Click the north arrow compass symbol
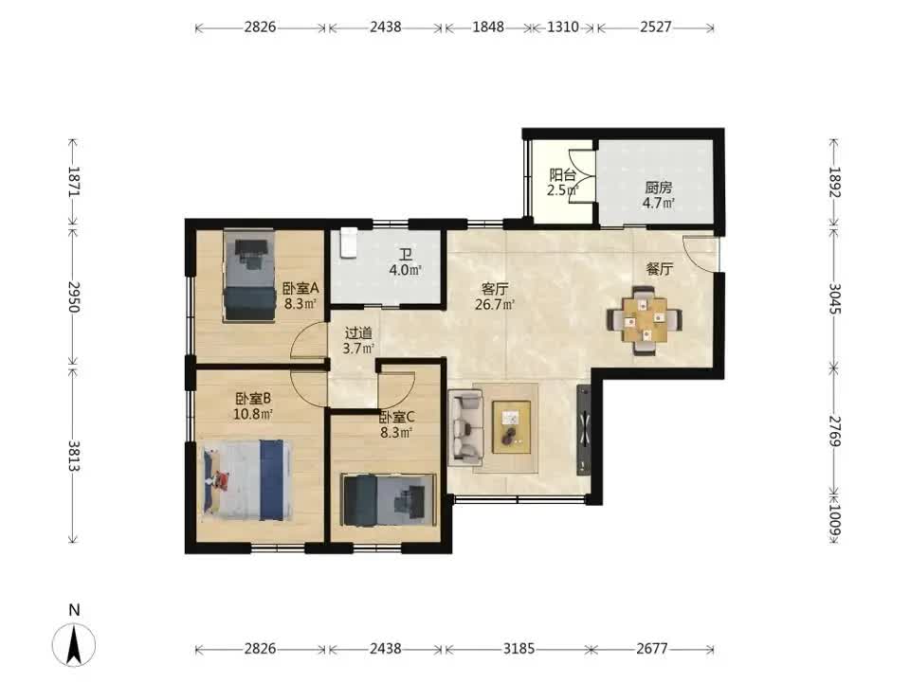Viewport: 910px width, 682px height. point(74,644)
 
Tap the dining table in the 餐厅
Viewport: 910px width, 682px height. point(645,319)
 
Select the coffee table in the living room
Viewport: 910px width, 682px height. point(511,427)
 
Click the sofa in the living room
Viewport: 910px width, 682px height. point(465,427)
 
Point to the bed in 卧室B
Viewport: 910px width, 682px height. point(246,480)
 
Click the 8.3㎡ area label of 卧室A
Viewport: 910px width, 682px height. point(300,303)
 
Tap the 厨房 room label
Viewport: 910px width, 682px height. point(658,188)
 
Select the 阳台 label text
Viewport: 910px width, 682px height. point(562,174)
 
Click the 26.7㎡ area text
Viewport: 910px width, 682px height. point(495,304)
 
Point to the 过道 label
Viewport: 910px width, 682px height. point(358,333)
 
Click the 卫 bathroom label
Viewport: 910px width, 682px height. point(405,255)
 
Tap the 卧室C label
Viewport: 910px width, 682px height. point(397,417)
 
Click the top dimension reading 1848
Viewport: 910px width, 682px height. point(488,27)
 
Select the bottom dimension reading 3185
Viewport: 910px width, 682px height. point(519,648)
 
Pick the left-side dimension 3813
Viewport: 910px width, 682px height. point(74,456)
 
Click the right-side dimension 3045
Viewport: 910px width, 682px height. point(834,298)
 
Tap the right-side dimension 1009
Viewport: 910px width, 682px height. point(834,520)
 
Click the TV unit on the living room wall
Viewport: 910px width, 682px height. point(584,429)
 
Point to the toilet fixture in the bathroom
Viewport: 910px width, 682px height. point(348,242)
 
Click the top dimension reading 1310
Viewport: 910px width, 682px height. point(563,27)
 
